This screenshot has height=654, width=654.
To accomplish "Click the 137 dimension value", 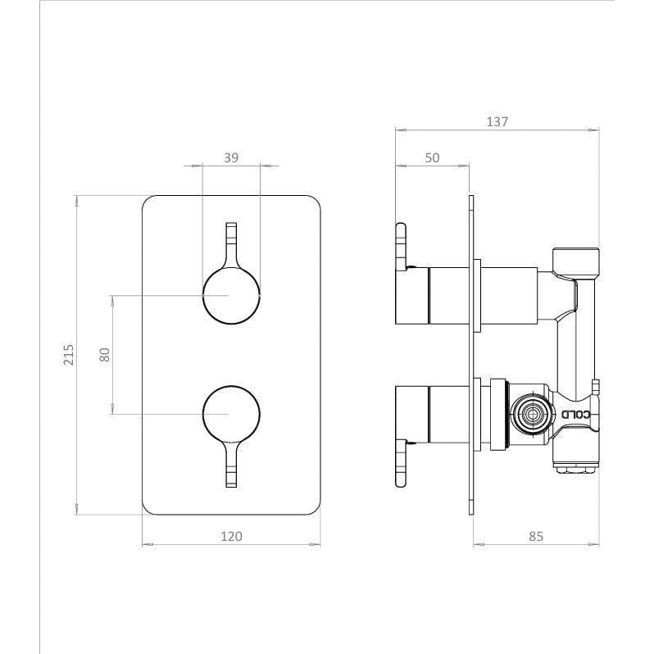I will click(497, 121).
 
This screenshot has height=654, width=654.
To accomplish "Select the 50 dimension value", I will click(432, 157).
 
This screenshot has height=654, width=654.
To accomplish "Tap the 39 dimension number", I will click(231, 157).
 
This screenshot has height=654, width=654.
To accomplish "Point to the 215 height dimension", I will click(69, 354).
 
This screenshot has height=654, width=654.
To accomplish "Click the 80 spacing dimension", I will click(104, 354).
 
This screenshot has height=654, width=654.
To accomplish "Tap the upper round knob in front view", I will click(231, 294).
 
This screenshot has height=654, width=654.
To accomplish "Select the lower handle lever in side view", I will click(401, 463).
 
